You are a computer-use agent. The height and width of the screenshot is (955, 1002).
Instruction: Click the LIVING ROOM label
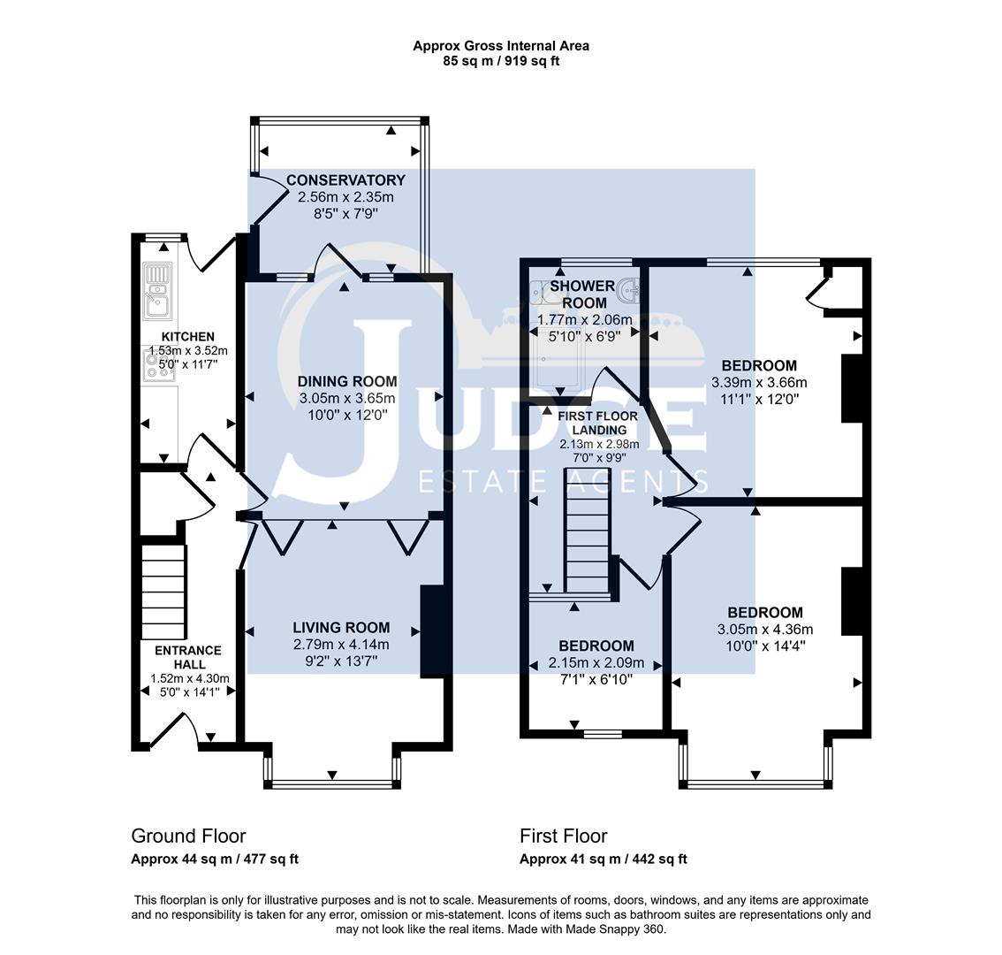click(341, 628)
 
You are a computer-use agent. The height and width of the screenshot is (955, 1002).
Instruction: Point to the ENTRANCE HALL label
click(189, 657)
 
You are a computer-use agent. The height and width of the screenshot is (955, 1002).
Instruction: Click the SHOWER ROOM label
click(581, 294)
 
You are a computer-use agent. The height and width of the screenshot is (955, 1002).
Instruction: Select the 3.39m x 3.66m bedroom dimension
click(759, 383)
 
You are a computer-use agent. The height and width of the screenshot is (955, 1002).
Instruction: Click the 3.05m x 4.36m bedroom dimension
click(764, 630)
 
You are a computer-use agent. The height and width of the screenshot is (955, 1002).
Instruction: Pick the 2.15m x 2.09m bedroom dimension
click(596, 663)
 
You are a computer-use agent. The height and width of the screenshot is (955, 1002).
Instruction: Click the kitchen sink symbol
click(158, 292)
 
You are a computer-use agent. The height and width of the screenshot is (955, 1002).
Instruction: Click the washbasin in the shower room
click(630, 289)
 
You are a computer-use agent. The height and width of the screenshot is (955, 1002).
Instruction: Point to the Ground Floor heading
click(188, 836)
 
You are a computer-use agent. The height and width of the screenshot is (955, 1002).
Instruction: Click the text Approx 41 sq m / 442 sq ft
click(603, 859)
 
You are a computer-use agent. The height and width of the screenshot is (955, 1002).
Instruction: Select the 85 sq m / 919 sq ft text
click(501, 61)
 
